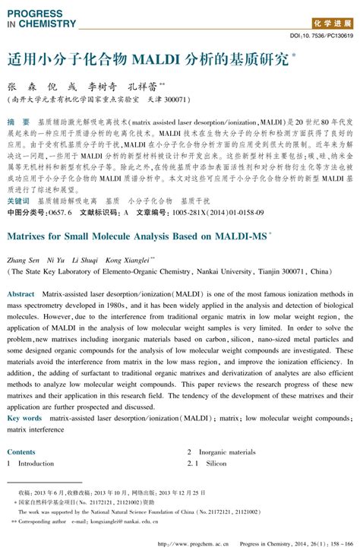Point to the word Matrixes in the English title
[x=30, y=236]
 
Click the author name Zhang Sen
[x=23, y=259]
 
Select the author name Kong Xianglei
[x=127, y=259]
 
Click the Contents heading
[x=21, y=451]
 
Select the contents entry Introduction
[x=36, y=463]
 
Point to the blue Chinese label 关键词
[x=21, y=201]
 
